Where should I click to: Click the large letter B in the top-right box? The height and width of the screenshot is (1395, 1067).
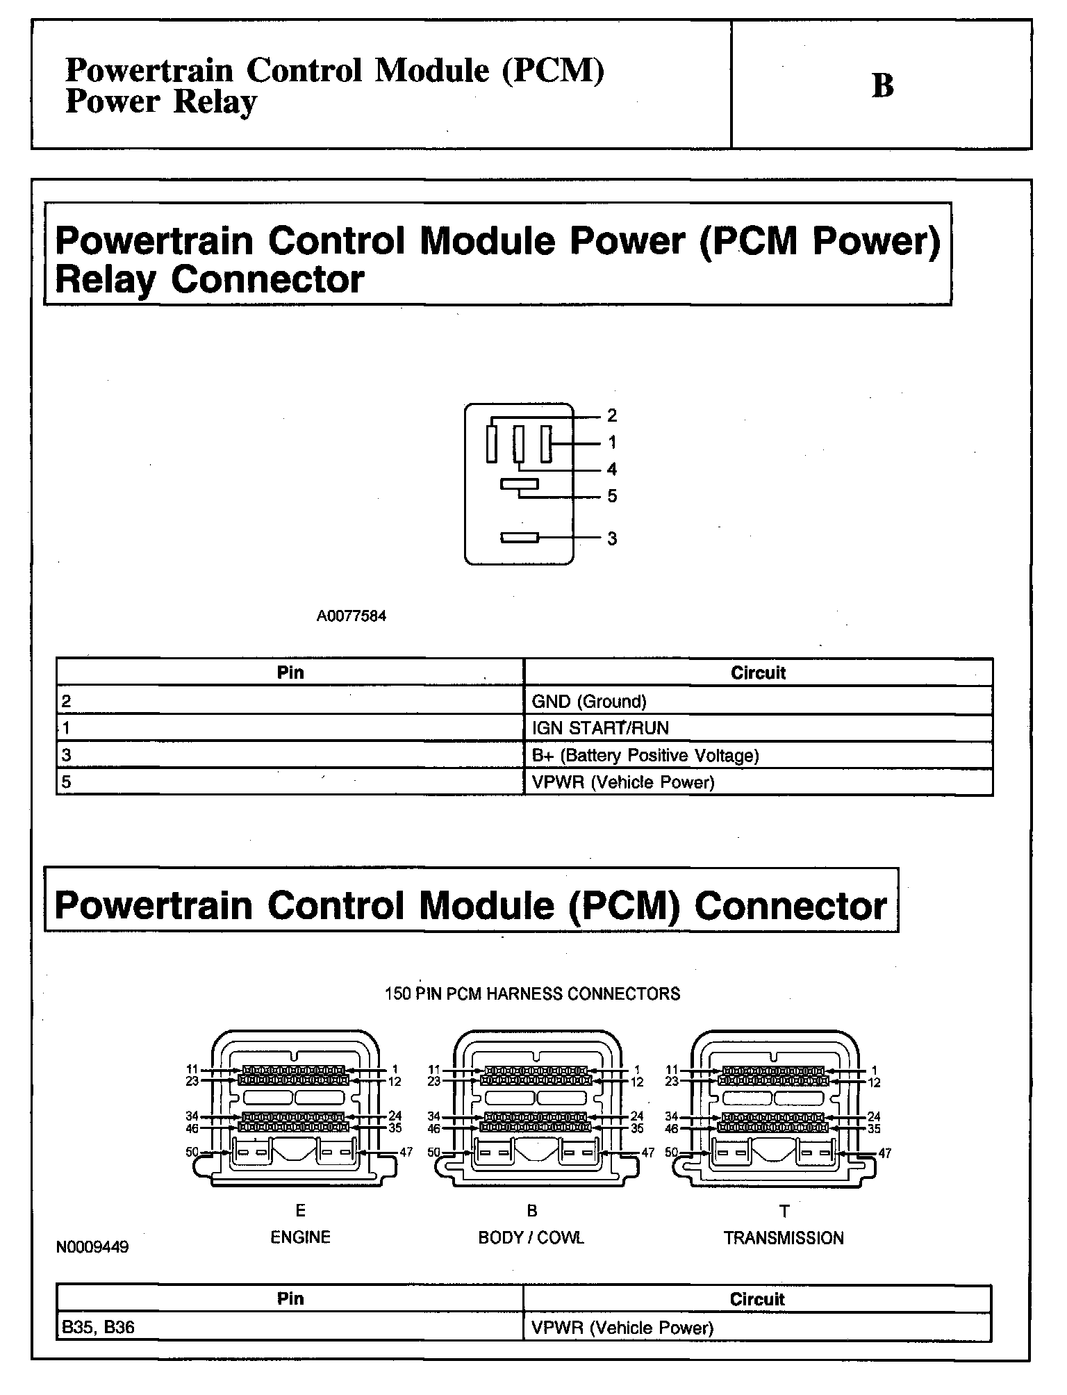[882, 86]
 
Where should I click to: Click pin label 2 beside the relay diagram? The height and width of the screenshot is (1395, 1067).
[611, 415]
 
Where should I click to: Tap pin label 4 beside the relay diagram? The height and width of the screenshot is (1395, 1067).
[611, 469]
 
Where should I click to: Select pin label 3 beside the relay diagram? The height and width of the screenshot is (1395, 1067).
[611, 538]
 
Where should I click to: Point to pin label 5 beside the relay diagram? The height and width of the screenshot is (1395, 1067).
[611, 496]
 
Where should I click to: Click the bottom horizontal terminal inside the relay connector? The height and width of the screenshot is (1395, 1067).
[520, 538]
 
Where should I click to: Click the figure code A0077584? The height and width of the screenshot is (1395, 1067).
[351, 616]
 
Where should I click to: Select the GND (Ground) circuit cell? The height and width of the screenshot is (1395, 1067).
[589, 702]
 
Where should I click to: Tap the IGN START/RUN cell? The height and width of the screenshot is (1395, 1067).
[600, 729]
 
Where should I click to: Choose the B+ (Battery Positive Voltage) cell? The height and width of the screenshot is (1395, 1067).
[645, 755]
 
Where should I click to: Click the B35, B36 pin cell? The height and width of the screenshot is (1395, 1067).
[98, 1328]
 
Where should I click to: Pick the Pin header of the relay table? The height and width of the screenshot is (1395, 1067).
[290, 672]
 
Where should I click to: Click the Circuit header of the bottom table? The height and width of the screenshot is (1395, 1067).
[756, 1299]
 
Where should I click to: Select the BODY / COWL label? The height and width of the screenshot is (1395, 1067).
[531, 1237]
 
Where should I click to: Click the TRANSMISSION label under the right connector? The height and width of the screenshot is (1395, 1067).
[784, 1238]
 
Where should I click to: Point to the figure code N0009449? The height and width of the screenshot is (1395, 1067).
[92, 1247]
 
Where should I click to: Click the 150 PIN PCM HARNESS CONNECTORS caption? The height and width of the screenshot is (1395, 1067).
[532, 994]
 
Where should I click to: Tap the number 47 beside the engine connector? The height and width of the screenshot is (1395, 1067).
[406, 1152]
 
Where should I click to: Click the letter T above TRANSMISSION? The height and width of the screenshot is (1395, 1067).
[784, 1212]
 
